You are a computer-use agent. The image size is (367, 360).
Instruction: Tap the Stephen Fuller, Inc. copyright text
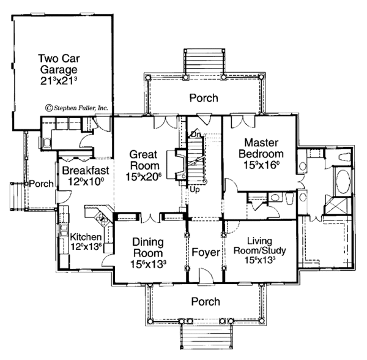(75, 108)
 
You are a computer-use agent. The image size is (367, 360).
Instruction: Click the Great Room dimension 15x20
(146, 177)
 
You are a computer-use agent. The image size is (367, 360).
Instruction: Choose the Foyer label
(204, 252)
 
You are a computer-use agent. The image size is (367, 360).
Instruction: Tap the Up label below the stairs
(195, 189)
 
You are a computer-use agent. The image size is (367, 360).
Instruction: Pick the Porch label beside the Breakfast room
(42, 184)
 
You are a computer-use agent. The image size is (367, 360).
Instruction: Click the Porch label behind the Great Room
(203, 97)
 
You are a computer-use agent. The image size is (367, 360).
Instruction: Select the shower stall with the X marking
(335, 206)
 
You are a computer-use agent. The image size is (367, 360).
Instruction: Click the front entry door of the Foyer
(204, 280)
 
